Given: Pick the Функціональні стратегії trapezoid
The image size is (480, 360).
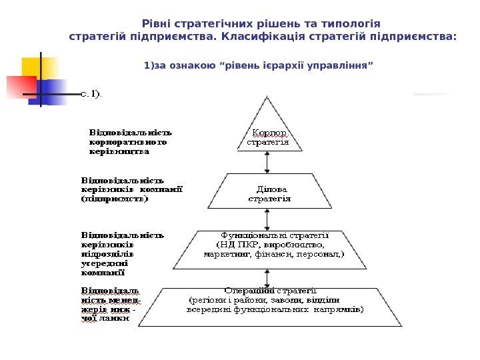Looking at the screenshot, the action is [x=268, y=247].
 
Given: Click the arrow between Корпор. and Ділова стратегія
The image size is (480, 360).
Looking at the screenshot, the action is [x=268, y=163].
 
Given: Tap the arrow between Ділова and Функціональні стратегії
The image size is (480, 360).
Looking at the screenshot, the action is [x=268, y=219].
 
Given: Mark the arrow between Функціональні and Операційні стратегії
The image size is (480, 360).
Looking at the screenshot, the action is [x=268, y=275].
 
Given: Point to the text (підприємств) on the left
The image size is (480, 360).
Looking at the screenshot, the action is [x=114, y=198].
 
